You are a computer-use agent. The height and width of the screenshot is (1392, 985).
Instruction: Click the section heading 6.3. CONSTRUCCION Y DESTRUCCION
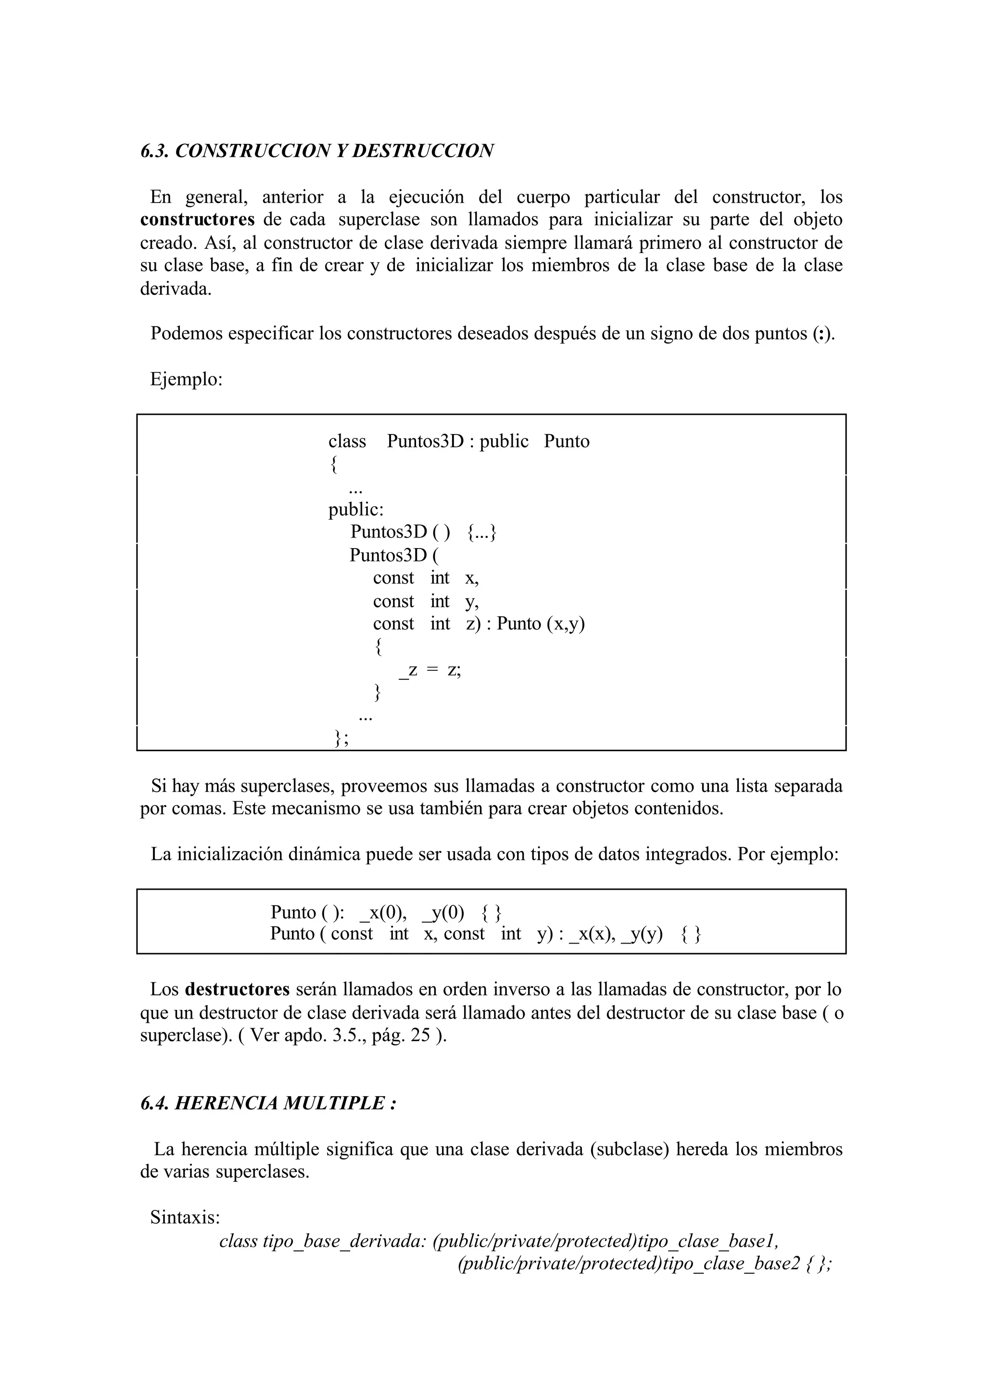click(x=316, y=151)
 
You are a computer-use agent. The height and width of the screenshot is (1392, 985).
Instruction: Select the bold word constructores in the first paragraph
click(x=197, y=219)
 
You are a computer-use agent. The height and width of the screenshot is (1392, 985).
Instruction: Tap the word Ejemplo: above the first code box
click(x=186, y=379)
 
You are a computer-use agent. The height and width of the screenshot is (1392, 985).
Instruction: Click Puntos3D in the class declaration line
click(x=425, y=441)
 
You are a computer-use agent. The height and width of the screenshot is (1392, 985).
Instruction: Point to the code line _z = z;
click(x=429, y=670)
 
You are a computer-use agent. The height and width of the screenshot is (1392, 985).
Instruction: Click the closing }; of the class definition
click(x=341, y=737)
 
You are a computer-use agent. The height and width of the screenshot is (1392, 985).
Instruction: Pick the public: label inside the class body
click(x=355, y=510)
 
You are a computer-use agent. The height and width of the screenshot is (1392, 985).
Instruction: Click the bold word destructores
click(x=237, y=990)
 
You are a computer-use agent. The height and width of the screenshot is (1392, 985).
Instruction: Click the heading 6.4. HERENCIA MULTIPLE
click(x=268, y=1103)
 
